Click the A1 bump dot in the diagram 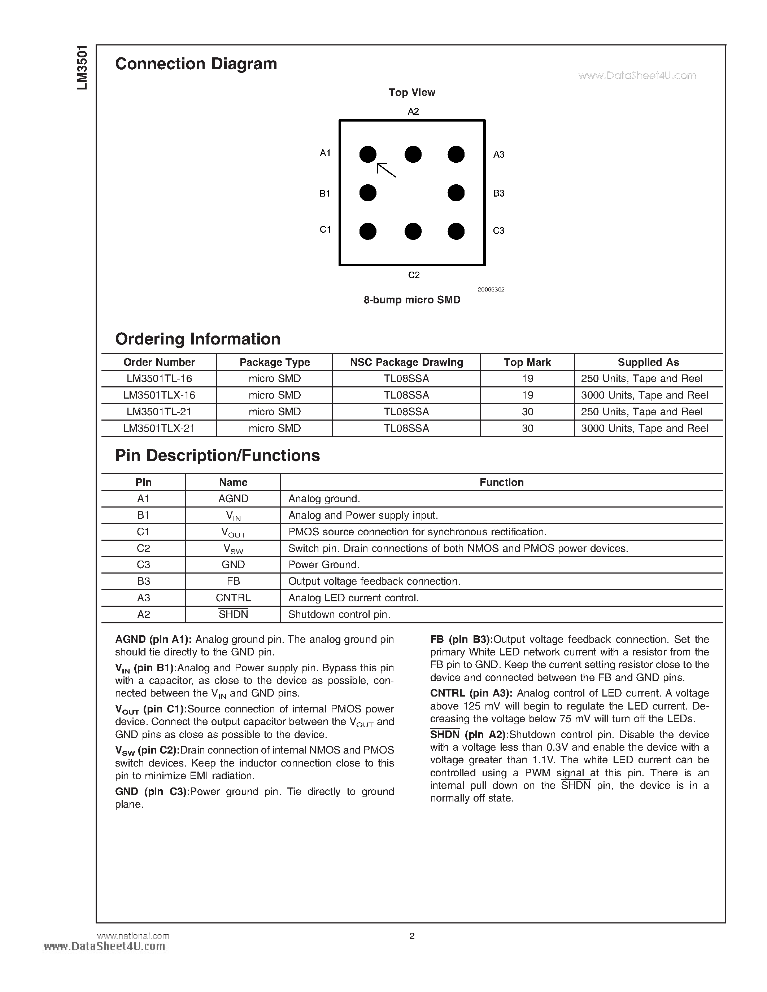(x=367, y=154)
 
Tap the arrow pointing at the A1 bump (x=386, y=170)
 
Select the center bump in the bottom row (x=413, y=231)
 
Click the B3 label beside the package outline (x=499, y=193)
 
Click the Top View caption (x=412, y=92)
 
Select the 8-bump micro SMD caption (x=412, y=300)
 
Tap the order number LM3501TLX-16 (x=159, y=395)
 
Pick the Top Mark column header (x=527, y=362)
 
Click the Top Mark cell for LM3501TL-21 (x=527, y=412)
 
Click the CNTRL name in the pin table (x=233, y=598)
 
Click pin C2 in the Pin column (x=143, y=548)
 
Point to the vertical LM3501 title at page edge (x=82, y=68)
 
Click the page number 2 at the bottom (x=412, y=936)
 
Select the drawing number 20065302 (x=491, y=289)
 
